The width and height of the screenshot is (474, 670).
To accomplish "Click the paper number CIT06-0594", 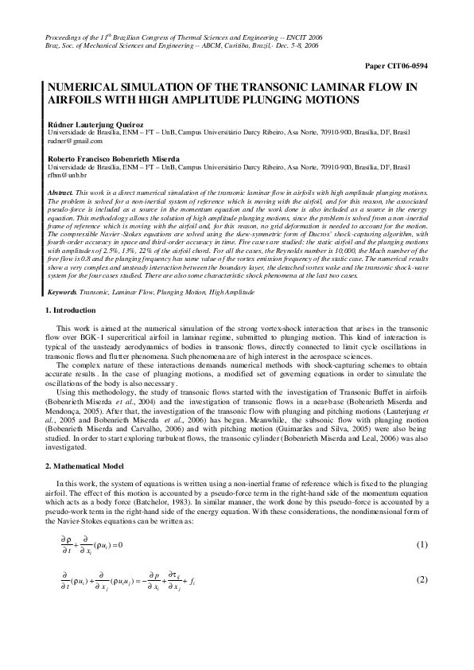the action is [403, 66].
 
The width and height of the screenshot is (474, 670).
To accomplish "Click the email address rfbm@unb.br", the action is [67, 175].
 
